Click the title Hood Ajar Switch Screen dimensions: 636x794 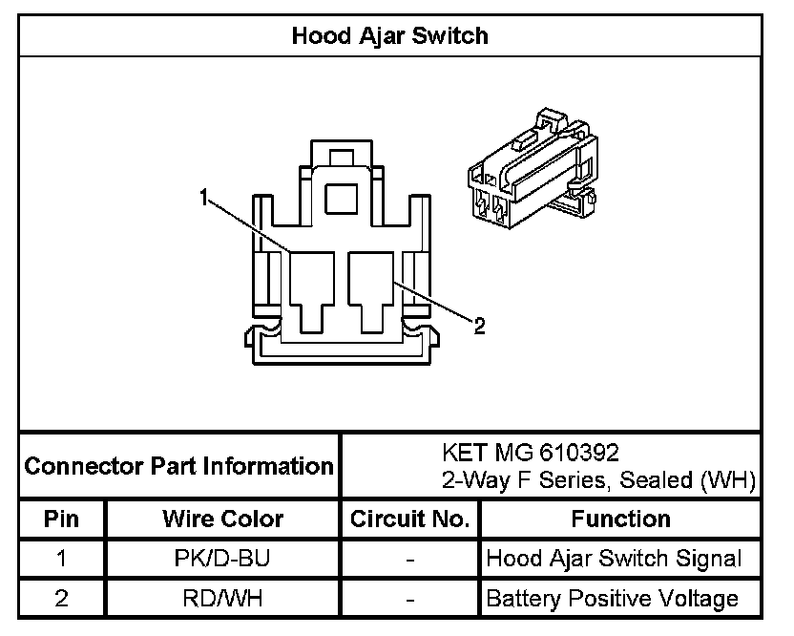(x=389, y=36)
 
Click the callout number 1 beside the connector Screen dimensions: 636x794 (x=203, y=197)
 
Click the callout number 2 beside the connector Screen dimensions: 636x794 (x=480, y=327)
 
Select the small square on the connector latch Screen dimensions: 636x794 (x=339, y=199)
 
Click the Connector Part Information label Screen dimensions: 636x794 (x=178, y=467)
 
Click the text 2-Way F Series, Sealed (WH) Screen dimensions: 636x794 (x=599, y=479)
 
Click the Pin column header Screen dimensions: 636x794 (x=61, y=519)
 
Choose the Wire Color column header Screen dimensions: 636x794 (x=222, y=519)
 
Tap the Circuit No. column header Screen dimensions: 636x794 (x=410, y=519)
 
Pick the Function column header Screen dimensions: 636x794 (x=620, y=519)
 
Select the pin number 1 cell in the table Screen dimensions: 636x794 (x=61, y=559)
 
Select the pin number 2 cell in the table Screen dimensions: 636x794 (x=61, y=599)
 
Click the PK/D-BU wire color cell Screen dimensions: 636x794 (x=222, y=559)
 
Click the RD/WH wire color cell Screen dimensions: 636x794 (x=222, y=599)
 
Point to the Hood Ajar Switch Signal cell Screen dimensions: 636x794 (x=614, y=559)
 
